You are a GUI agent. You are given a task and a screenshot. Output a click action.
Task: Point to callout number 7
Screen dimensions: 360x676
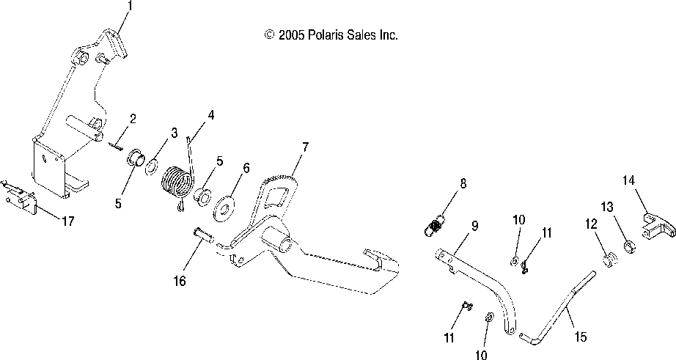click(304, 146)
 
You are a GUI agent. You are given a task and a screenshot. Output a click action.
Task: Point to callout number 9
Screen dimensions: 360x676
click(474, 226)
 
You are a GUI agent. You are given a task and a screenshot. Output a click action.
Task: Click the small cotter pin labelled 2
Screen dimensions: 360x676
click(116, 145)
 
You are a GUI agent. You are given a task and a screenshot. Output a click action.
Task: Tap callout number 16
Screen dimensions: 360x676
click(179, 281)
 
